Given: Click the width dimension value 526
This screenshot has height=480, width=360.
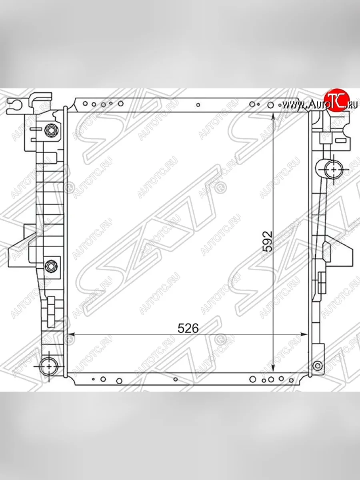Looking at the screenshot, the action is pos(188,328).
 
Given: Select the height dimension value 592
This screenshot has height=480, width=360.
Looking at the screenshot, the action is pos(268,241).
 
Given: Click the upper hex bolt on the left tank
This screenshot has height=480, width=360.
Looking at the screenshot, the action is pos(51,130).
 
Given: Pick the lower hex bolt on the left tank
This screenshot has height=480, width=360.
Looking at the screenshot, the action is pos(51,267).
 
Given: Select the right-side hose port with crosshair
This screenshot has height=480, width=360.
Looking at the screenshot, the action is pos(334,169).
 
